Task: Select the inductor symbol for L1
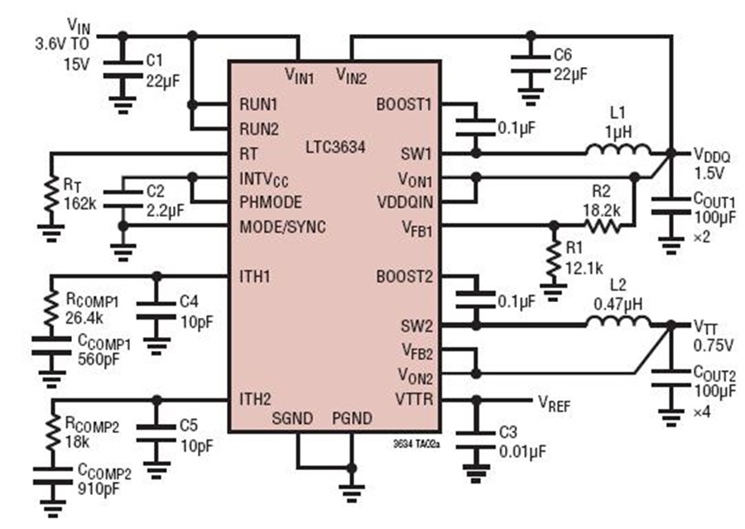(618, 150)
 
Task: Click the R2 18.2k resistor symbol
(602, 225)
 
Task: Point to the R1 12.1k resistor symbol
(554, 259)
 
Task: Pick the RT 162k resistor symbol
(51, 195)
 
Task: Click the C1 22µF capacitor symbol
(123, 70)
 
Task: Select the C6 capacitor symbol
(531, 65)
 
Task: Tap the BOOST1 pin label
(404, 104)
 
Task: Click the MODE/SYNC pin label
(283, 227)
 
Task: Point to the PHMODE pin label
(271, 202)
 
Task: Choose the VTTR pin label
(414, 399)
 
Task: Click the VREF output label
(554, 403)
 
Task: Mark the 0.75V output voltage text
(713, 345)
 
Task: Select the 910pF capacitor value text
(99, 488)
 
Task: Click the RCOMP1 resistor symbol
(51, 310)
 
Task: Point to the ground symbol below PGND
(352, 493)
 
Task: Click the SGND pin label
(292, 418)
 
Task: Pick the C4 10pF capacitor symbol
(156, 310)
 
